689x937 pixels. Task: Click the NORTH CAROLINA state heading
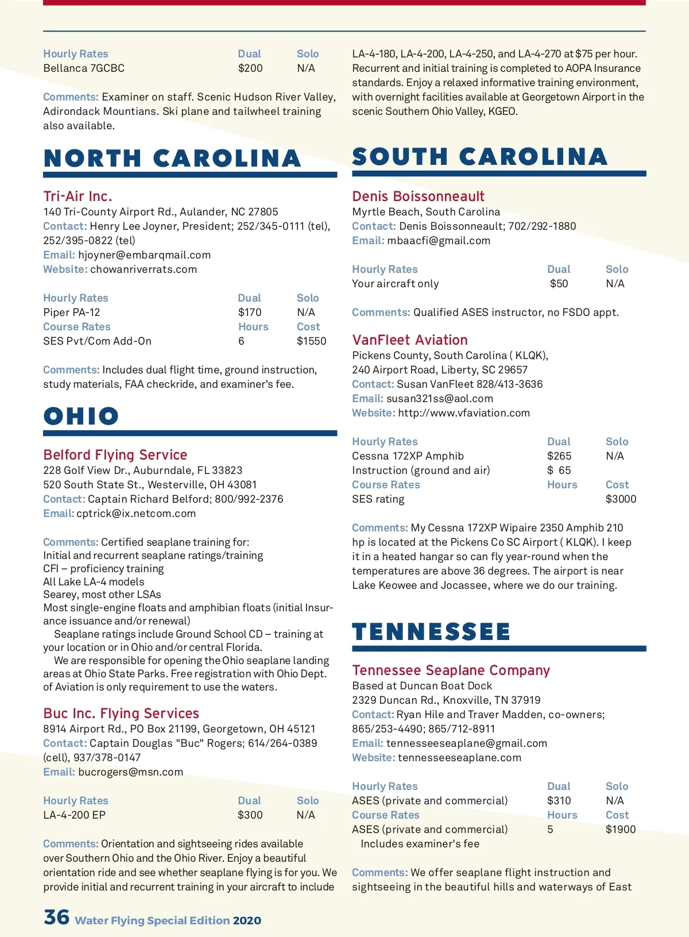coord(172,159)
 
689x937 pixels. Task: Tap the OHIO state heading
coord(81,417)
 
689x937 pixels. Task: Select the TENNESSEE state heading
coord(431,632)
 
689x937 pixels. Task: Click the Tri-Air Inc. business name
coord(78,196)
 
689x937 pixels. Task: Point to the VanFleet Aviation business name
coord(410,340)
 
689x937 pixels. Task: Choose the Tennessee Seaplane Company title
coord(451,670)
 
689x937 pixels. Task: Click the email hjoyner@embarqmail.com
coord(145,255)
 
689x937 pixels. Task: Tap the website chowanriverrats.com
coord(144,269)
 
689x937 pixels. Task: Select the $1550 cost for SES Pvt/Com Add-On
coord(311,341)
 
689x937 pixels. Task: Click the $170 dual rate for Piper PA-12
coord(250,313)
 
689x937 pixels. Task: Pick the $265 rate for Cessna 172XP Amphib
coord(559,456)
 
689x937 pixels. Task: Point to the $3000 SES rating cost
coord(621,499)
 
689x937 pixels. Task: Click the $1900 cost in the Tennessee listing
coord(621,830)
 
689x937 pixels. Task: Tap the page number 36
coord(56,917)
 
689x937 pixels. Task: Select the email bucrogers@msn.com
coord(131,772)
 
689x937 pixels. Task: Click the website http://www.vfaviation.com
coord(464,413)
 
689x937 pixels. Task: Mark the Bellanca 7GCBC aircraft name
coord(84,68)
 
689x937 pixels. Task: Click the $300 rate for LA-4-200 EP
coord(250,815)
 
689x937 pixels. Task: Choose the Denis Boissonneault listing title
coord(418,196)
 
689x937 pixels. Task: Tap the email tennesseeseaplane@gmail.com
coord(467,743)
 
